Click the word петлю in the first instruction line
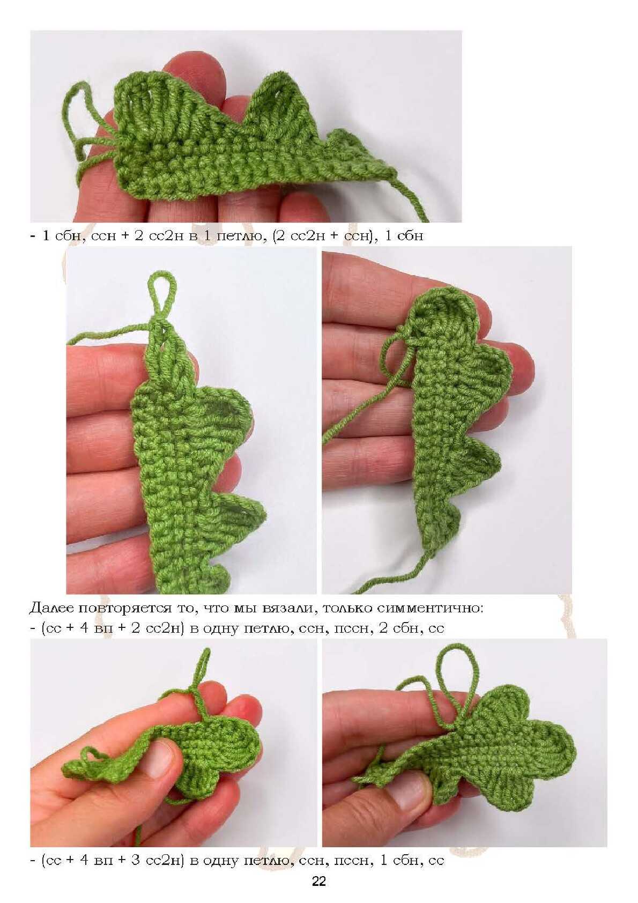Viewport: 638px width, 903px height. tap(240, 236)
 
